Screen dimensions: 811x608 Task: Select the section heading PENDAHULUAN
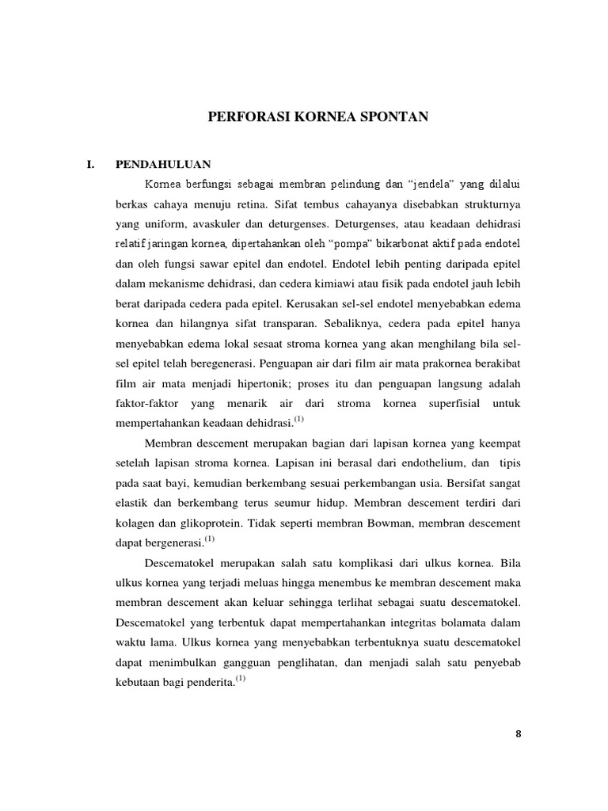pyautogui.click(x=162, y=165)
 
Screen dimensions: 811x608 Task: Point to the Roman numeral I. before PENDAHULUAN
pyautogui.click(x=89, y=165)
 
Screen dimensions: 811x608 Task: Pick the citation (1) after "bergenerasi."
pyautogui.click(x=209, y=539)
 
